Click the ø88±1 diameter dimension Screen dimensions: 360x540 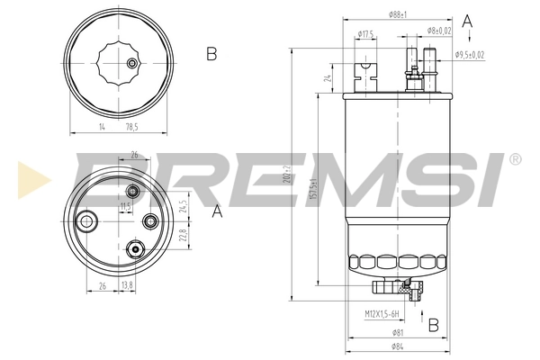coord(400,14)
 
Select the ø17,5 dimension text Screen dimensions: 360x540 coord(366,34)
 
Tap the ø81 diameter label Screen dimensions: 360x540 coord(398,333)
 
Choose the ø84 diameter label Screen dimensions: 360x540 coord(398,346)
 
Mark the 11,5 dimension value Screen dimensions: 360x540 coord(126,206)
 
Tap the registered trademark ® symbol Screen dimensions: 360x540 coord(514,159)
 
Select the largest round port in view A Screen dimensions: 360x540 coord(88,220)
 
